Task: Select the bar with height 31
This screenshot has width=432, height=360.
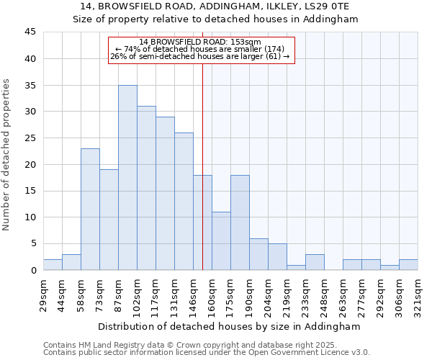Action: [146, 188]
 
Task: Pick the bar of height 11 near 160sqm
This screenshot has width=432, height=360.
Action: [221, 241]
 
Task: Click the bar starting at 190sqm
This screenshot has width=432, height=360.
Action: [258, 254]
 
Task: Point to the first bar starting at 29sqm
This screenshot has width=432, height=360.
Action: [53, 264]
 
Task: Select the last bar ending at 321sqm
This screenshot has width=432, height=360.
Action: [408, 264]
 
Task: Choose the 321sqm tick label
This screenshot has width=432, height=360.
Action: [418, 294]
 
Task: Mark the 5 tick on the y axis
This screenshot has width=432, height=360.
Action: [32, 243]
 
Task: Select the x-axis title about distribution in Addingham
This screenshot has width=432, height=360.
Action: [230, 326]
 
